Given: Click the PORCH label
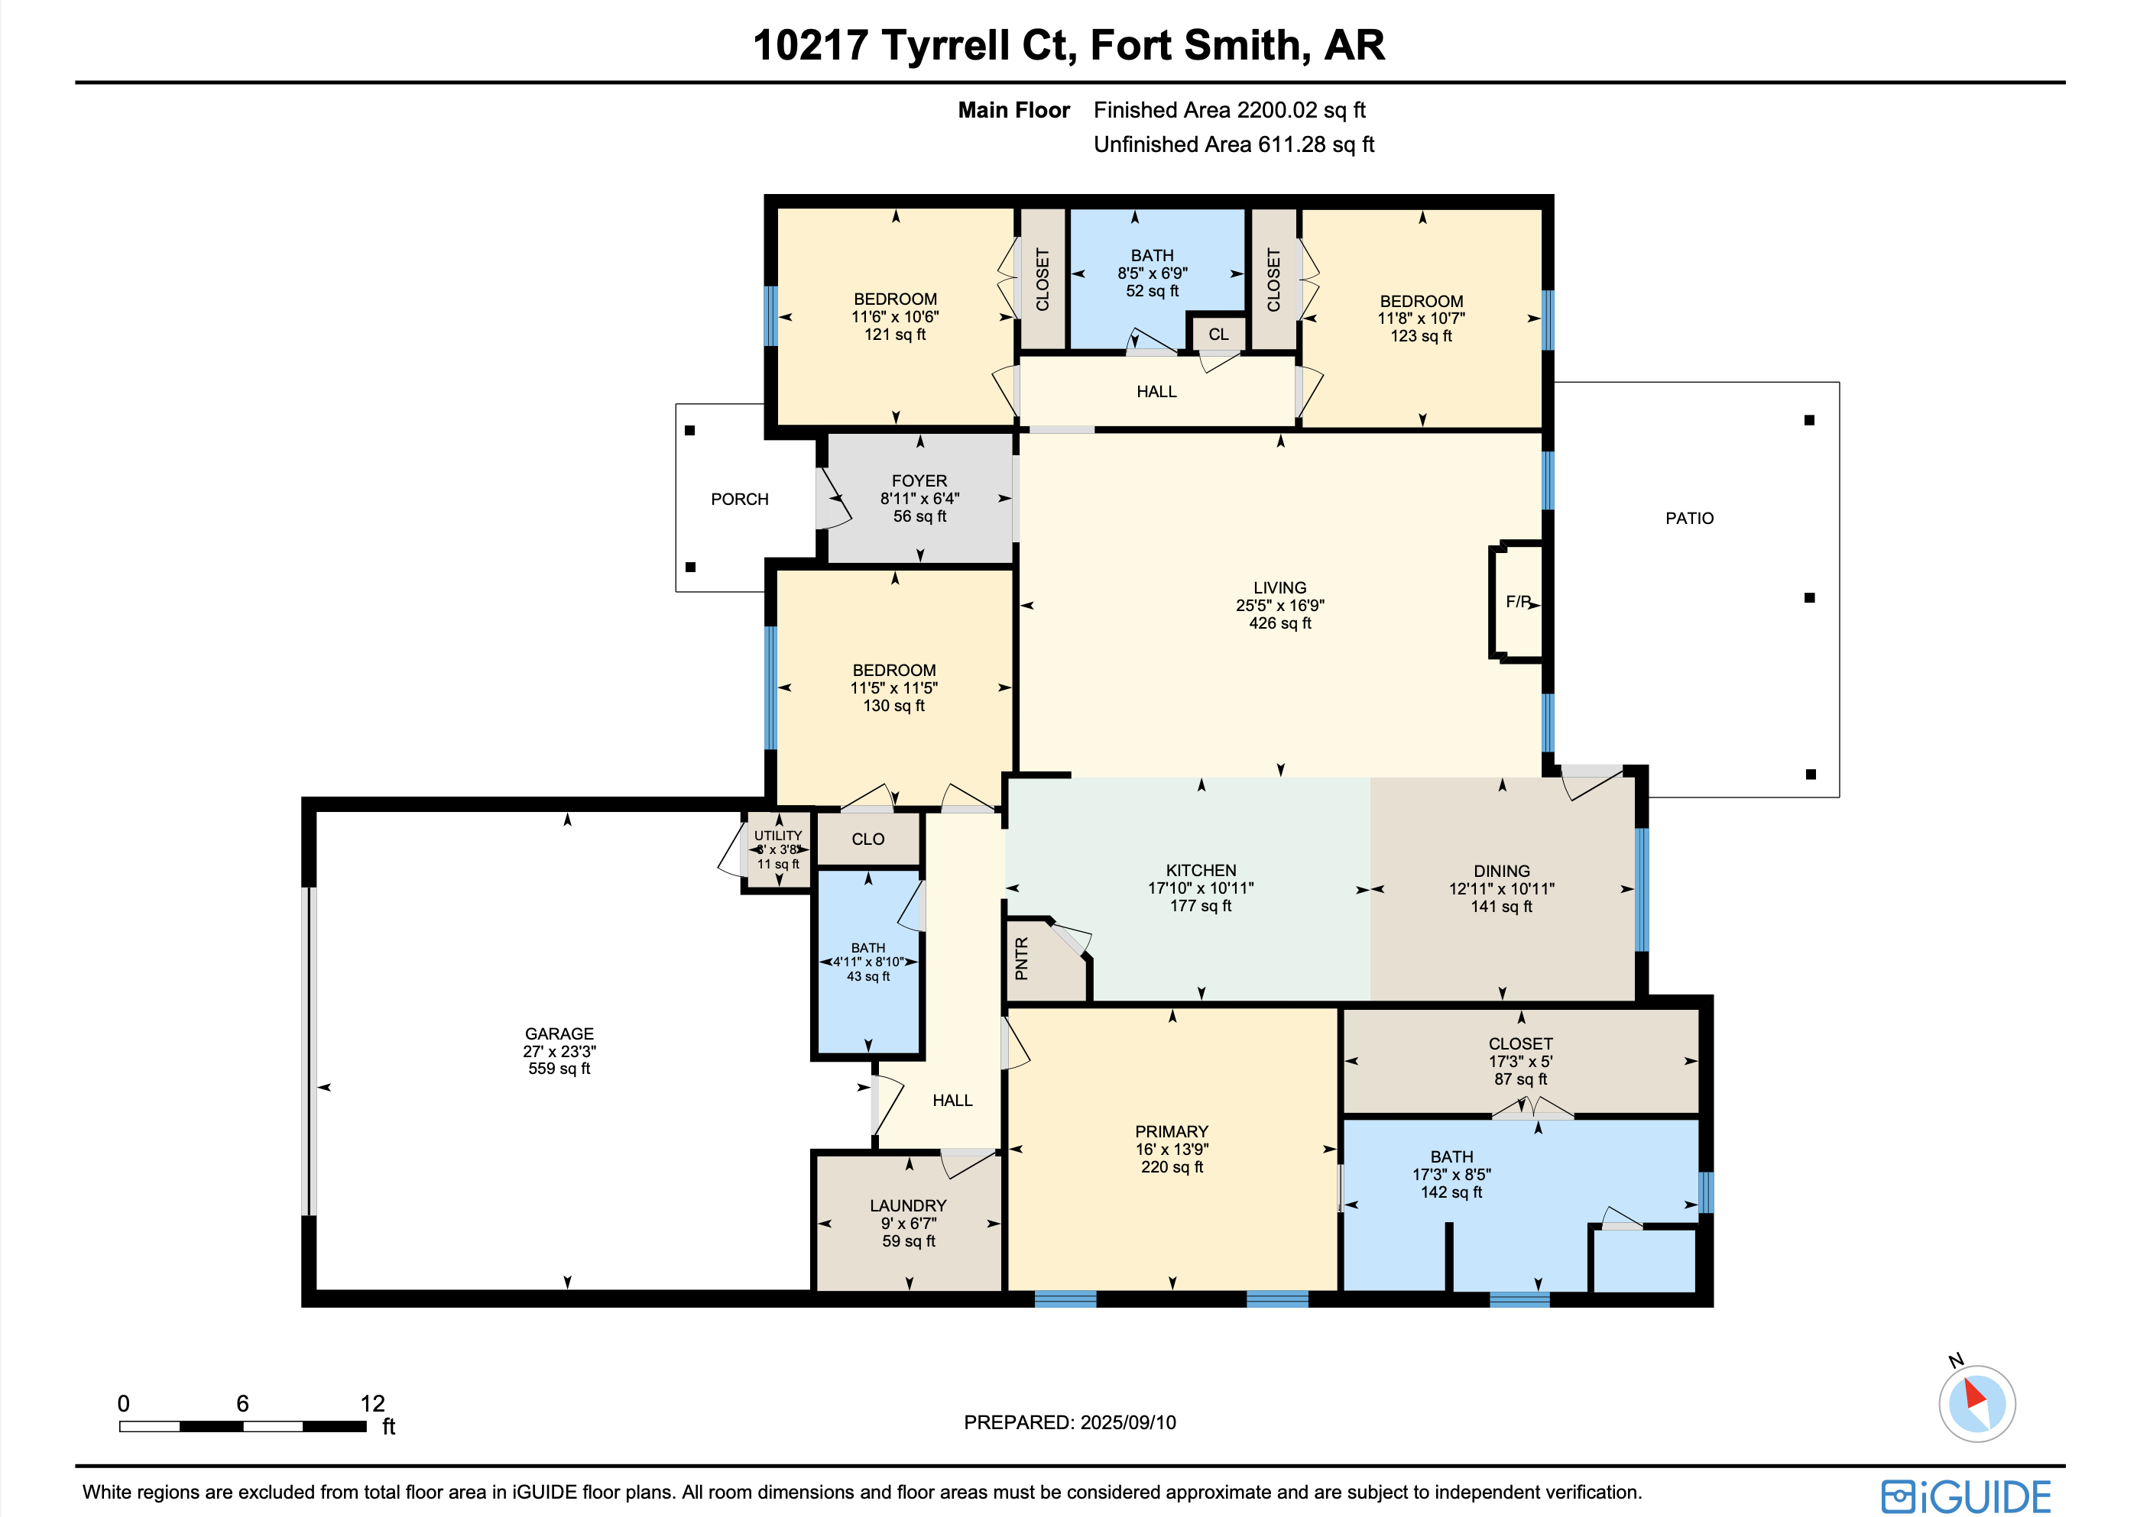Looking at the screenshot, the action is point(739,500).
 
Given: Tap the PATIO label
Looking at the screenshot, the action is point(1689,519).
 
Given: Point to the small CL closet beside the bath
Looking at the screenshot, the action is point(1218,334).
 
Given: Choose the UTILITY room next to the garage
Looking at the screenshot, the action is point(778,849).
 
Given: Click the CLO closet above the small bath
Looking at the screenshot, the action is point(868,839).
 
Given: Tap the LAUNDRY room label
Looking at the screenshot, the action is point(908,1206).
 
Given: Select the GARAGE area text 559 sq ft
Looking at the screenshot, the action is point(559,1069).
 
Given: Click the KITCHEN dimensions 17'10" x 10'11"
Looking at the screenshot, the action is point(1201,888).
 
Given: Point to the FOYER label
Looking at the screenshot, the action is point(919,481).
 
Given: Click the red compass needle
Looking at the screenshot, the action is point(1973,1394).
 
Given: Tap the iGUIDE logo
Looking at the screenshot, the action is point(1967,1496).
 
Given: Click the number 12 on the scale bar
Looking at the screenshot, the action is point(372,1403).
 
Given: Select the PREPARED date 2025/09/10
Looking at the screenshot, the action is point(1128,1422).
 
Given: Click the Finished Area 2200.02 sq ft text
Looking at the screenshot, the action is point(1230,110).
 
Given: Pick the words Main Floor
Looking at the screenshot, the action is point(1013,110).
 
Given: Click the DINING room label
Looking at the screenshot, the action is point(1502,871).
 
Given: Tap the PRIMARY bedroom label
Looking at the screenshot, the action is point(1172,1131).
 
